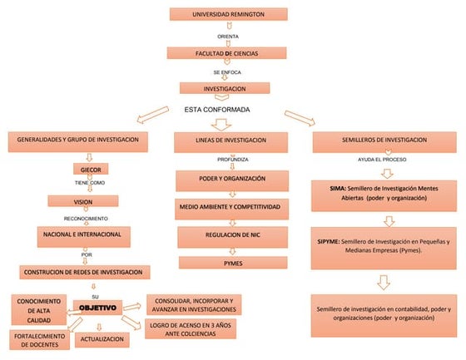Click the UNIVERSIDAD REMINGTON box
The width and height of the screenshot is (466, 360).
pos(228,15)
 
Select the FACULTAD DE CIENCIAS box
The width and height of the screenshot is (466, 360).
pos(228,53)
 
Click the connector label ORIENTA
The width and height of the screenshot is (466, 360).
pos(228,37)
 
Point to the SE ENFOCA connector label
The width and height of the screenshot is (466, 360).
pos(228,72)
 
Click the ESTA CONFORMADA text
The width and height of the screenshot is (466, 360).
pos(217,109)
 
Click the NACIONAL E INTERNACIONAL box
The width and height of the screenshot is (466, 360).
pos(82,235)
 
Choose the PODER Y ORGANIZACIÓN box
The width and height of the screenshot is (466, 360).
pos(231,179)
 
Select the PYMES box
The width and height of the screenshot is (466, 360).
pos(232,263)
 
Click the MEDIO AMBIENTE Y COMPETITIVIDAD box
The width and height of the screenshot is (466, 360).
pos(231,205)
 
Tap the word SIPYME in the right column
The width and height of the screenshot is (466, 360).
pos(330,240)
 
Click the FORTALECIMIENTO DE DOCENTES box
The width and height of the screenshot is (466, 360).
pos(40,339)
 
